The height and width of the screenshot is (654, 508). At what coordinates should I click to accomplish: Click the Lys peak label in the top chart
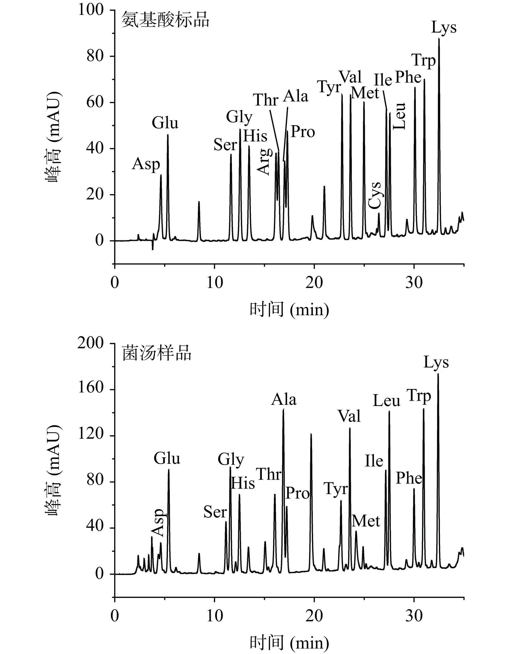(x=443, y=28)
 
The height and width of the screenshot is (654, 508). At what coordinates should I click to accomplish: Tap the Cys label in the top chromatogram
(x=375, y=195)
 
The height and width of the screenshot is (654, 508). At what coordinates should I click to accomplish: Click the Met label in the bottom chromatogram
(x=366, y=522)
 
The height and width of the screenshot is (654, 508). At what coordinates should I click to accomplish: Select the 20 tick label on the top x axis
(x=314, y=282)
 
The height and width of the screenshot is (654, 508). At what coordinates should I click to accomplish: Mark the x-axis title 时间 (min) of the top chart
(x=289, y=309)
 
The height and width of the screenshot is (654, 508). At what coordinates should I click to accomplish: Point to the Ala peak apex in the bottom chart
(x=283, y=409)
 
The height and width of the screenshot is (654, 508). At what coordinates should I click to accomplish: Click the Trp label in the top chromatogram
(x=423, y=61)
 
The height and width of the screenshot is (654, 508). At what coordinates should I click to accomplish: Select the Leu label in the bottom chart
(x=386, y=401)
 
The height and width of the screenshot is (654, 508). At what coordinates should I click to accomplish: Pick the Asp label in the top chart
(x=146, y=164)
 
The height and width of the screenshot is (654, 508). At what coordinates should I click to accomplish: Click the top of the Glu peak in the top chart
(x=168, y=135)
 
